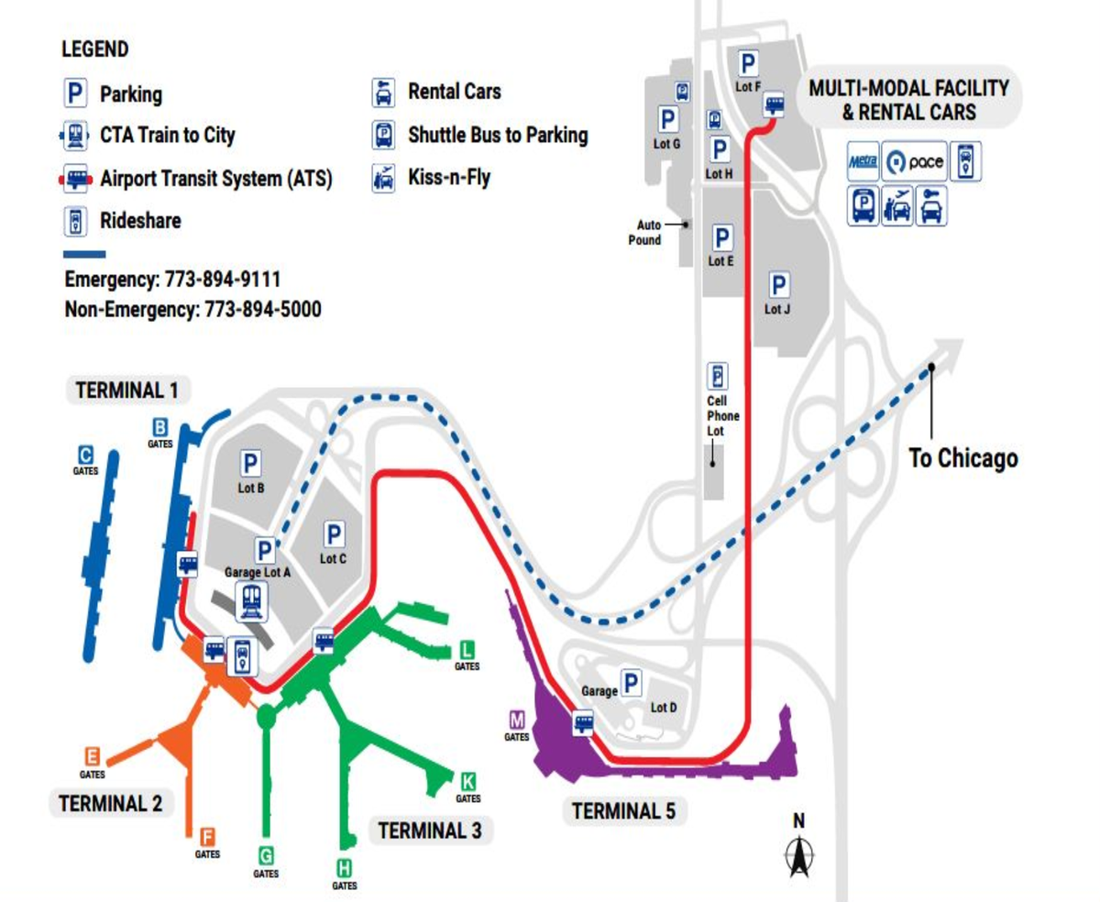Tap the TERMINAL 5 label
coord(623,810)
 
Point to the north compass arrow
coord(798,858)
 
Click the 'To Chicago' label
coord(962,457)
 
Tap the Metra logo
coord(862,161)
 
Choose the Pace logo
coord(913,162)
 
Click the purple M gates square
coord(516,720)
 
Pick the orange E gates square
coord(92,756)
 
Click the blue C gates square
coord(85,455)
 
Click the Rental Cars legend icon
coord(382,93)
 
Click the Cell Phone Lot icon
coord(717,377)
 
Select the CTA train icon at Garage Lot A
coord(252,601)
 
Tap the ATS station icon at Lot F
coord(775,105)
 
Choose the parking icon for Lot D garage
coord(631,683)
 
